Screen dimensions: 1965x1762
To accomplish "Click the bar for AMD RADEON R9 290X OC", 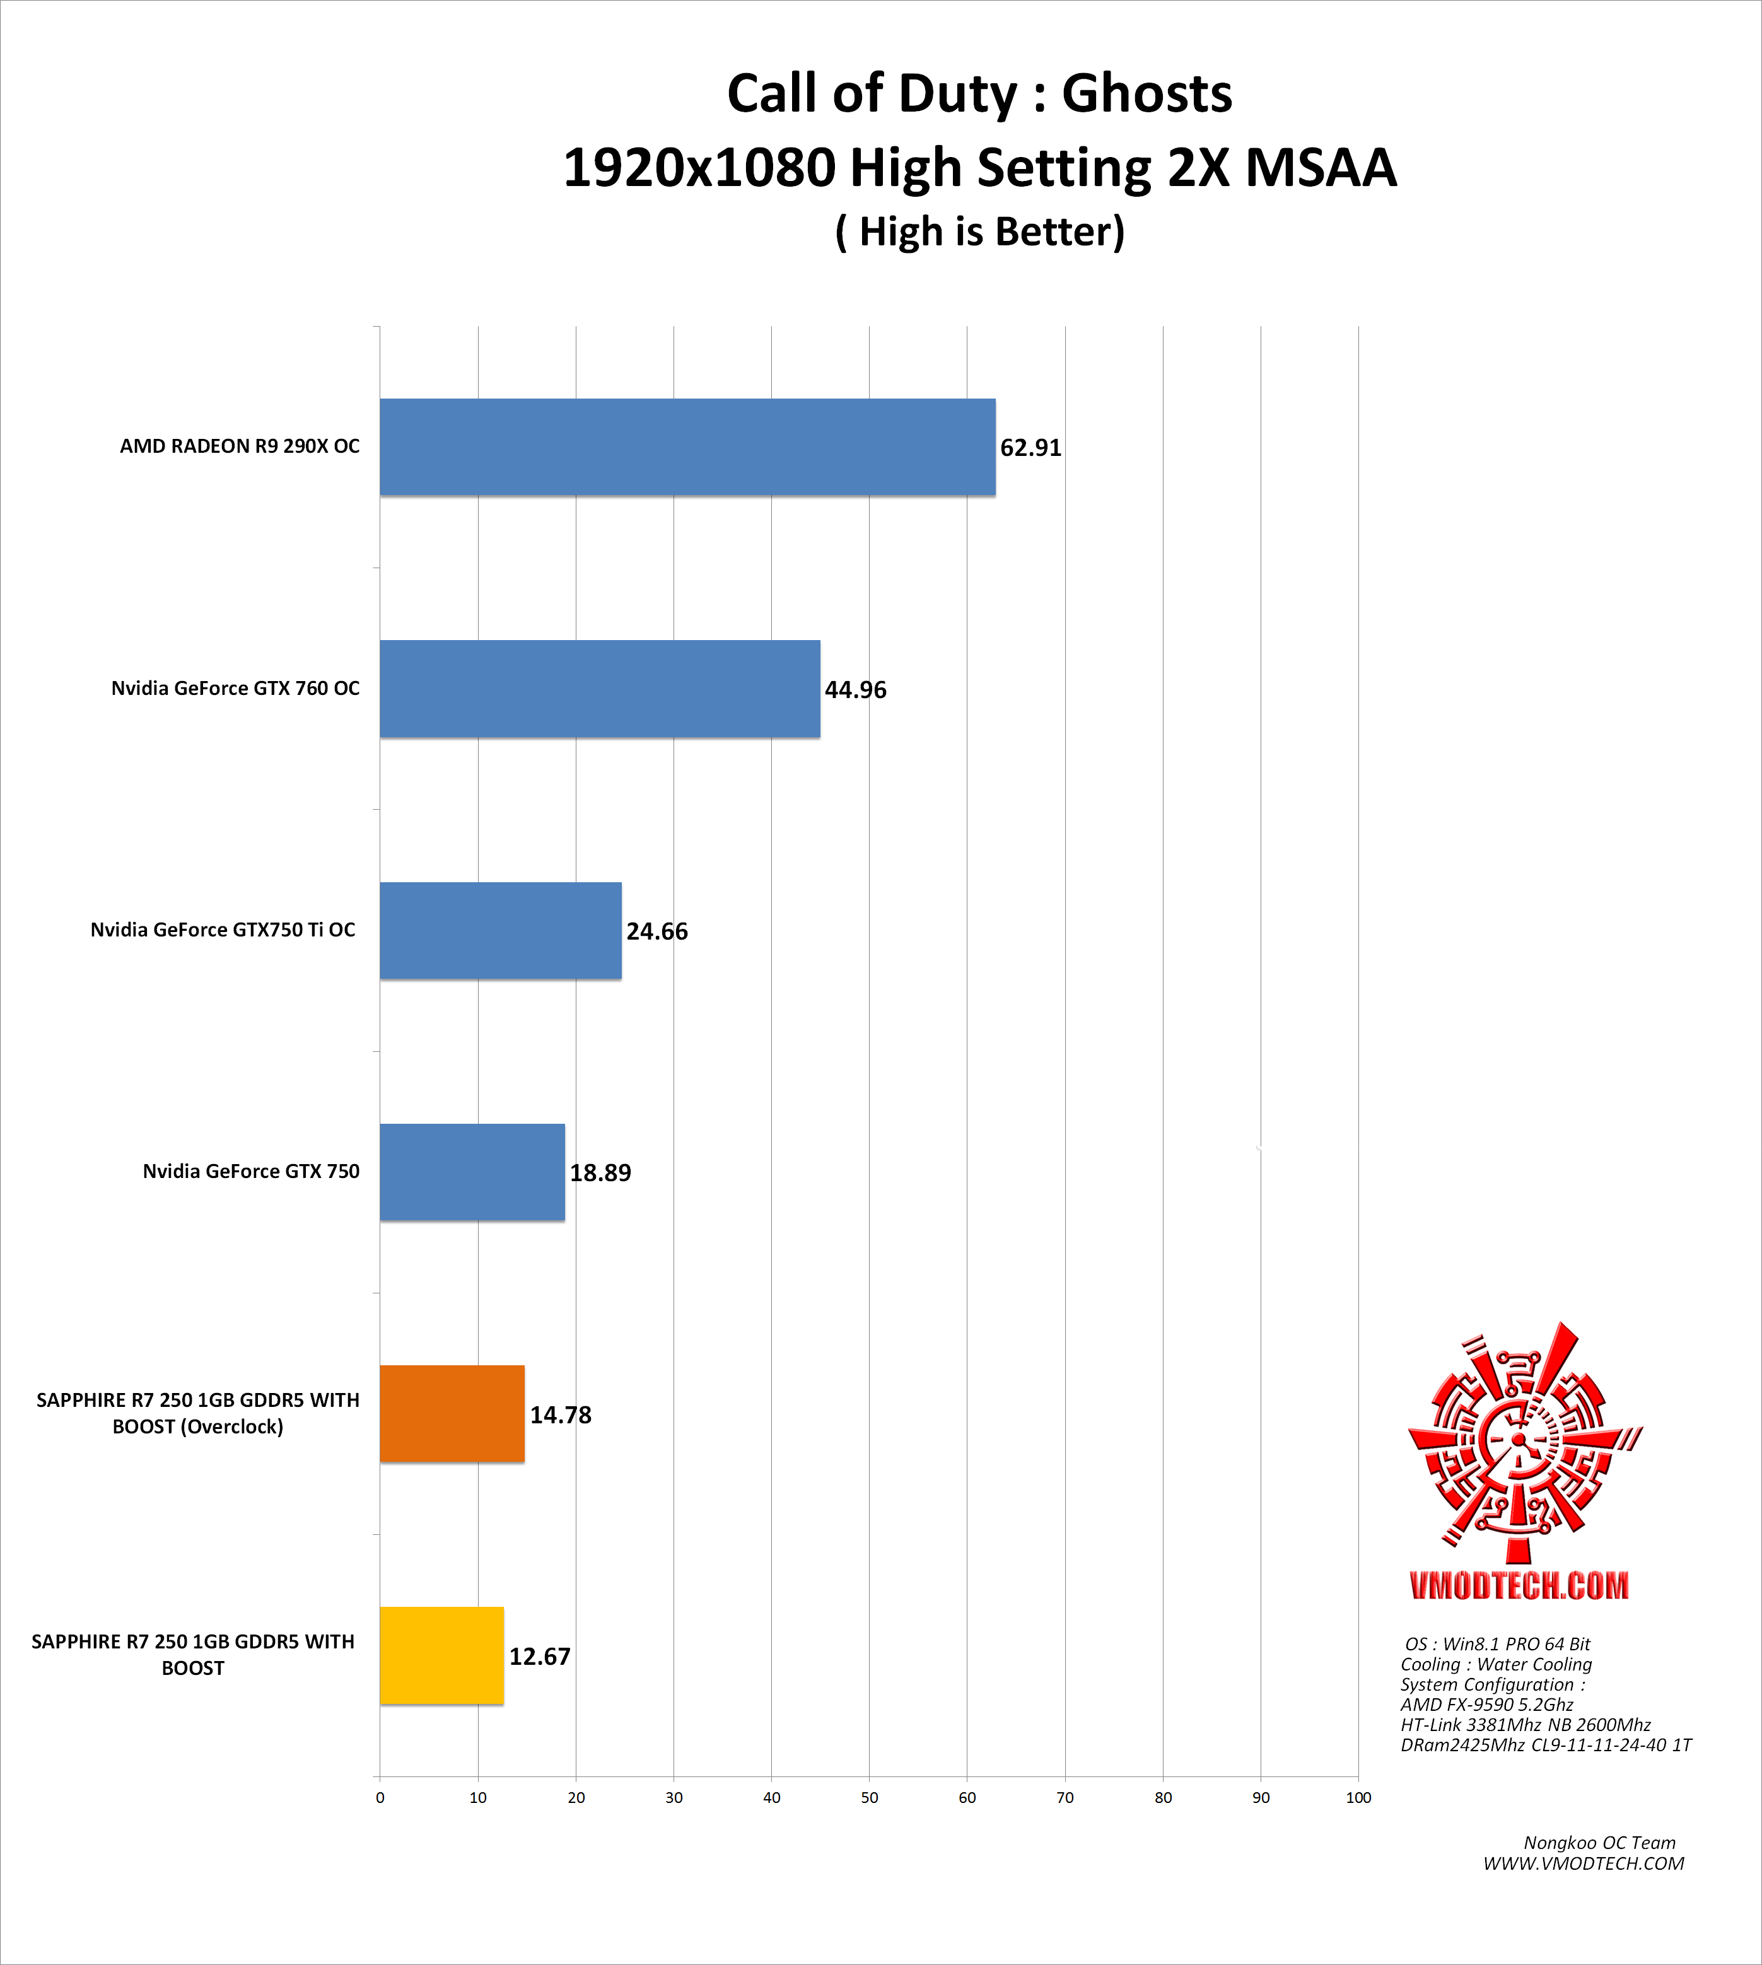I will coord(687,447).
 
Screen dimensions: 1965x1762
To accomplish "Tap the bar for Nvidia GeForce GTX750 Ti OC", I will coord(501,930).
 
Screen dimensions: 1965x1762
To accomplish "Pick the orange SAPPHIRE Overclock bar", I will coord(452,1414).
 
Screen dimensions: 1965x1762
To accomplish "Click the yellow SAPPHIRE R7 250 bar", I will coord(441,1656).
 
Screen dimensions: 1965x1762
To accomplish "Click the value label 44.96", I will coord(855,690).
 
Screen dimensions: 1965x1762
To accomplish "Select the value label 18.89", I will coord(600,1173).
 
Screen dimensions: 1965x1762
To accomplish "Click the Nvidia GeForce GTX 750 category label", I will coord(251,1171).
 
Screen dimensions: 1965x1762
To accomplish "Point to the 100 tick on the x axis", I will coord(1358,1797).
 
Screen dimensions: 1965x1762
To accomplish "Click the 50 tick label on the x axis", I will coord(870,1797).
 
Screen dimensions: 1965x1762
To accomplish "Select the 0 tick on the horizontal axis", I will coord(380,1797).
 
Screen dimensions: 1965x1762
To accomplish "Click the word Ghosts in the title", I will coord(1146,94).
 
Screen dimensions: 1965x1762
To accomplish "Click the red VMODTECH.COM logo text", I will coord(1519,1585).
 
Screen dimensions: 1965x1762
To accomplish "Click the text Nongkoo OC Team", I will coord(1599,1843).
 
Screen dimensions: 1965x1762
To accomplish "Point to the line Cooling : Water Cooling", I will coord(1496,1664).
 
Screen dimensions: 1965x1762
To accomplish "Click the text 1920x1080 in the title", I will coord(699,168).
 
